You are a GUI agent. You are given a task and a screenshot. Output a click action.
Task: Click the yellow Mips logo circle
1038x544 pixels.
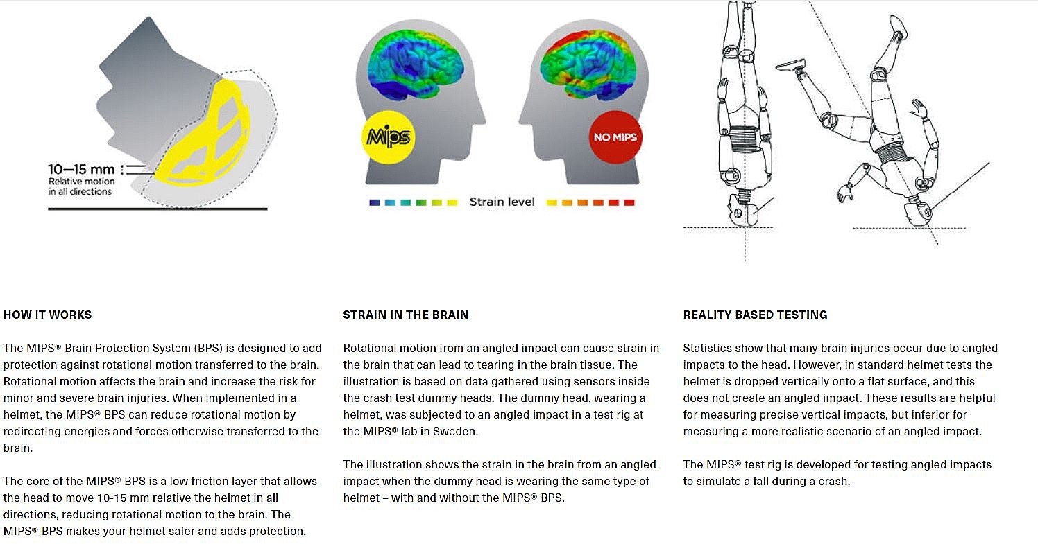tap(389, 137)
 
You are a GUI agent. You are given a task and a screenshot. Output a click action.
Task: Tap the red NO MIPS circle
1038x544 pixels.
tap(615, 137)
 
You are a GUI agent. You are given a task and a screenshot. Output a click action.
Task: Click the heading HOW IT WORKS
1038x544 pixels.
tap(48, 315)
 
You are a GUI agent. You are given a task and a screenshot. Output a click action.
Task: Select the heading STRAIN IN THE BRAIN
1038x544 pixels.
tap(406, 315)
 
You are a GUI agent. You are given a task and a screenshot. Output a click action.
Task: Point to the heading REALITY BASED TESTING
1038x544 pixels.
tap(756, 315)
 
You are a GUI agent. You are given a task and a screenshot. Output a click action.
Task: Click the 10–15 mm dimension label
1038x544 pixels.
tap(81, 170)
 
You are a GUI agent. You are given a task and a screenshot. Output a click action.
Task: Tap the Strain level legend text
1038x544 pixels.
tap(502, 202)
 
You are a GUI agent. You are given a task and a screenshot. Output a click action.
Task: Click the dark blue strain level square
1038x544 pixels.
tap(375, 202)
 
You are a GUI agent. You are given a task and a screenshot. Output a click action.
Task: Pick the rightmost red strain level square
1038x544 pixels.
tap(629, 202)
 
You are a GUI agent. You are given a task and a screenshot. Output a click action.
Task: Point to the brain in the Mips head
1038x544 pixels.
tap(415, 65)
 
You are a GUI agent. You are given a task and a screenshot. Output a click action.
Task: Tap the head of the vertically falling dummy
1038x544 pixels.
tap(742, 211)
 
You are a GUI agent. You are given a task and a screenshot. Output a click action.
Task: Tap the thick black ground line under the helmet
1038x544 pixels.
tap(158, 209)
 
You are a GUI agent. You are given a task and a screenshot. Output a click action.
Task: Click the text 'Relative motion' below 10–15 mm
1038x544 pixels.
tap(82, 181)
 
